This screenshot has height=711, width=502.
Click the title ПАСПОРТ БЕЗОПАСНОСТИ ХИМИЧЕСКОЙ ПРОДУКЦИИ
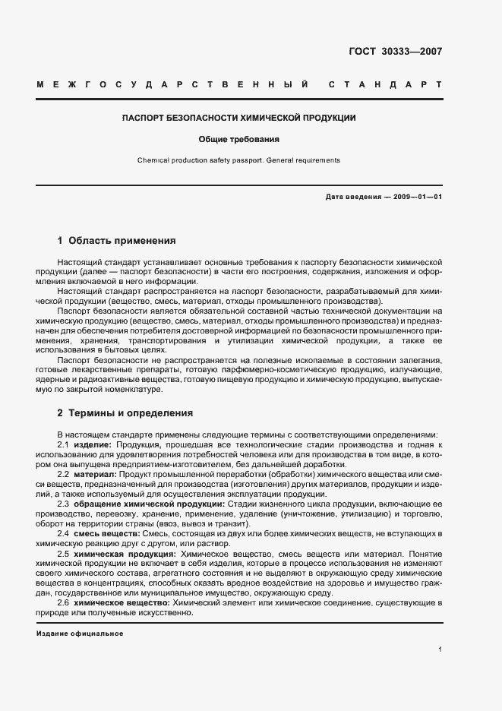pyautogui.click(x=239, y=119)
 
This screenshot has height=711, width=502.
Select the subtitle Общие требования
pyautogui.click(x=239, y=140)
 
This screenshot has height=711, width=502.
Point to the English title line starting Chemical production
pyautogui.click(x=239, y=160)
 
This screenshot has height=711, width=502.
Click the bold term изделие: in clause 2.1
pyautogui.click(x=92, y=444)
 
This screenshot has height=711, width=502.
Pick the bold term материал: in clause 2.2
pyautogui.click(x=95, y=474)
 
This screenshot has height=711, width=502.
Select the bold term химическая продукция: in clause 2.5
pyautogui.click(x=125, y=555)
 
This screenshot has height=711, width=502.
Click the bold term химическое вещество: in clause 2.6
pyautogui.click(x=122, y=602)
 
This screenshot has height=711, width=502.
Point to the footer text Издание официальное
pyautogui.click(x=80, y=634)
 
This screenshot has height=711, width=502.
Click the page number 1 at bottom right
pyautogui.click(x=440, y=649)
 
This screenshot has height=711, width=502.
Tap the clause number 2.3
pyautogui.click(x=64, y=504)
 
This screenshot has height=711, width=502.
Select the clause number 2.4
pyautogui.click(x=64, y=534)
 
